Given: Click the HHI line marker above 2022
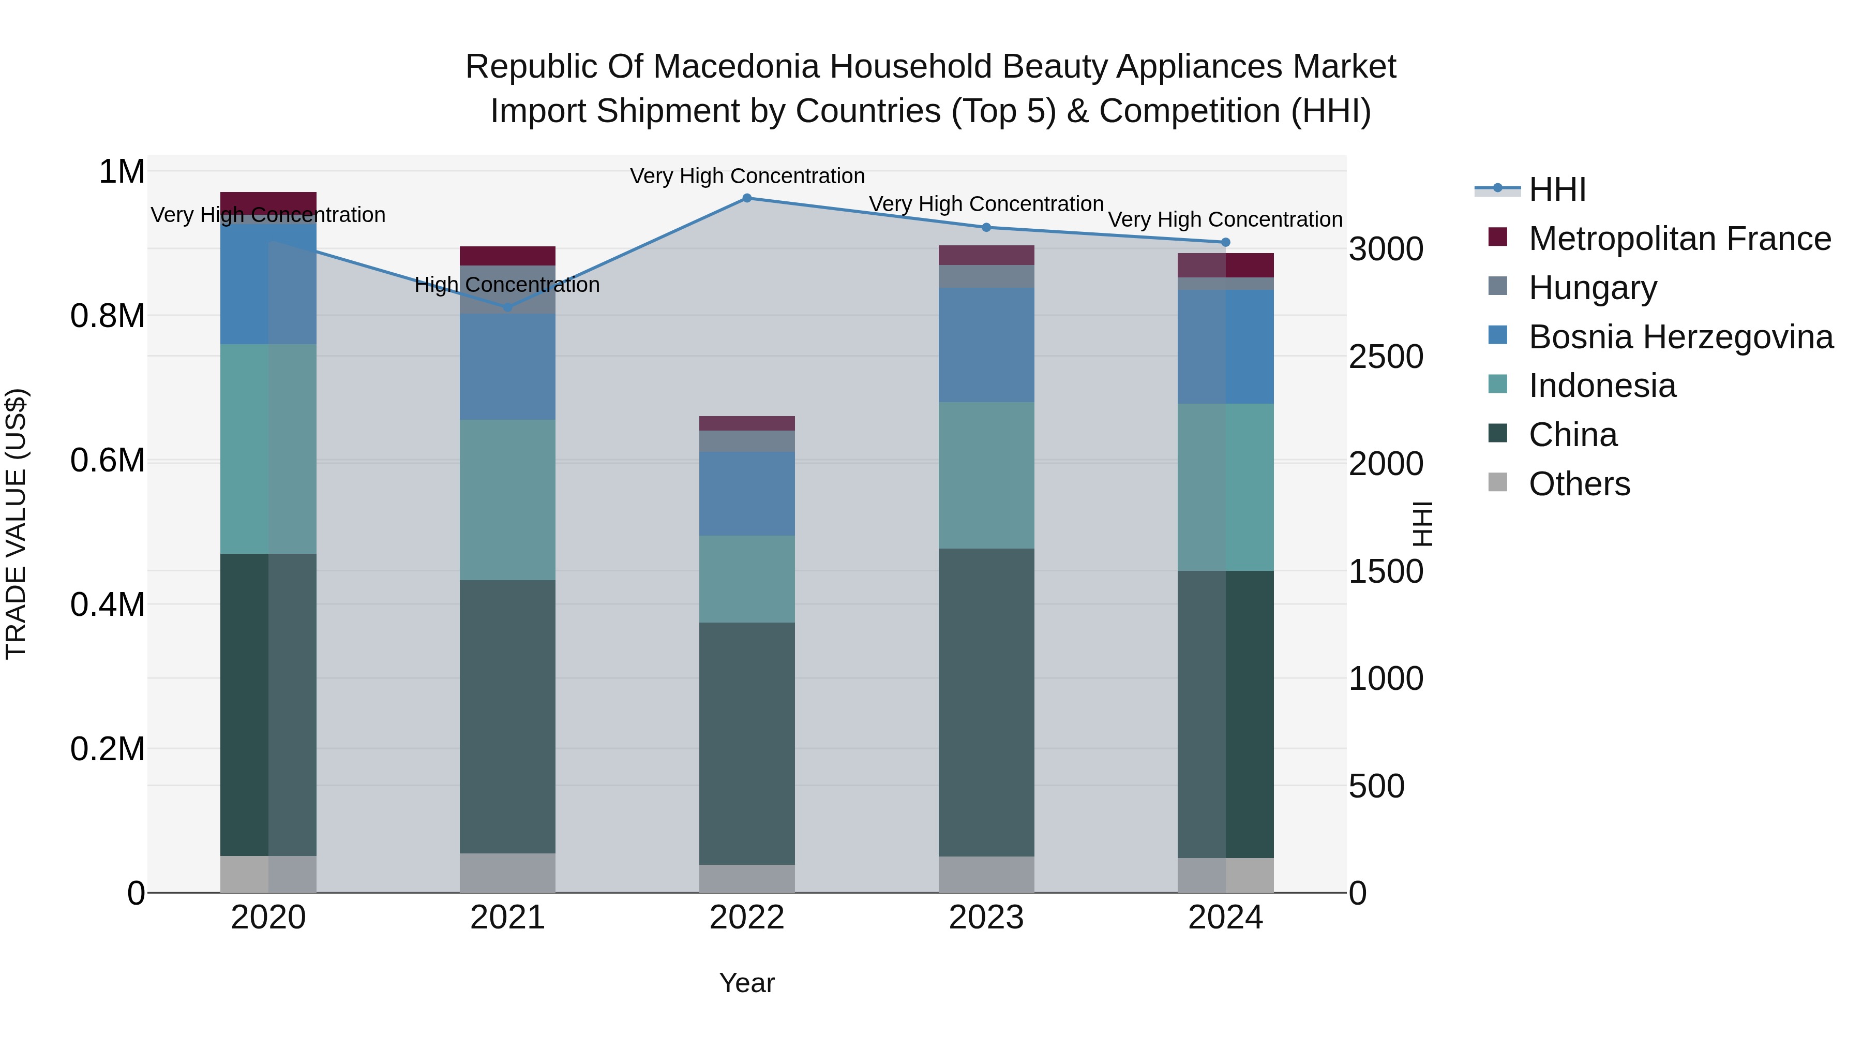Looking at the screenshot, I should point(747,198).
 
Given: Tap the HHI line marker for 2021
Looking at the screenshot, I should point(507,307).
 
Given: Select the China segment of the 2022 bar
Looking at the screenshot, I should point(747,744).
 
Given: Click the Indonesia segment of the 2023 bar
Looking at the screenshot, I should point(986,475).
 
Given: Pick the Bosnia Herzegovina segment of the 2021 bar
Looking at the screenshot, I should point(507,367).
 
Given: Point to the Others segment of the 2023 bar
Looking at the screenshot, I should point(986,875).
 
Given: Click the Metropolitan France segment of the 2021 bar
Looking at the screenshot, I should point(507,256).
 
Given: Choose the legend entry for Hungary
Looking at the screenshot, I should point(1593,288).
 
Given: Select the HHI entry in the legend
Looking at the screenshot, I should point(1557,189).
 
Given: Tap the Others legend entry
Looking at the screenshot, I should point(1579,484).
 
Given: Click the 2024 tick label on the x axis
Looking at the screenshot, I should point(1225,918).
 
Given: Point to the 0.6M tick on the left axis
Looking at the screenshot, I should point(107,461).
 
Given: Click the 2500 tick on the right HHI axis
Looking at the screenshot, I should point(1386,357).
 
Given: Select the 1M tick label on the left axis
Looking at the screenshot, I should point(122,172).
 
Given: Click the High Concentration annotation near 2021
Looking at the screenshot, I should point(507,285).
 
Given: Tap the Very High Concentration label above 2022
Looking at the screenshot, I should point(747,176).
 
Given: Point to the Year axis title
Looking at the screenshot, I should point(747,983).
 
